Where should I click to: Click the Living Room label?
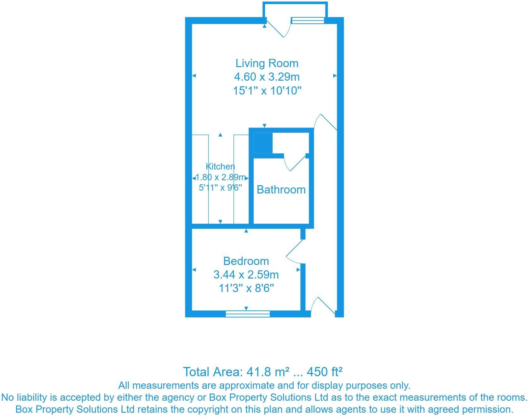(x=267, y=63)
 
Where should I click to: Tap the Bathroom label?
(x=281, y=190)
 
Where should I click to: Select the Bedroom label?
(x=246, y=261)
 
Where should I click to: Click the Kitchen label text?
(x=220, y=166)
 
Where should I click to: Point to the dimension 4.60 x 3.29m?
(x=267, y=77)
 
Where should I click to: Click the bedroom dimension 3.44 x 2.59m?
(x=246, y=275)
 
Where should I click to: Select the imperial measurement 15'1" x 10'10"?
(x=267, y=91)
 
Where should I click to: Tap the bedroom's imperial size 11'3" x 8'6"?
(x=246, y=288)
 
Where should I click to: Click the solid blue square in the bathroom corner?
(x=263, y=143)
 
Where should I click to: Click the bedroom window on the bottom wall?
(x=248, y=313)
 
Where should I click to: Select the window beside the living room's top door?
(x=308, y=20)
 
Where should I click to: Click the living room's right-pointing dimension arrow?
(x=335, y=76)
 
